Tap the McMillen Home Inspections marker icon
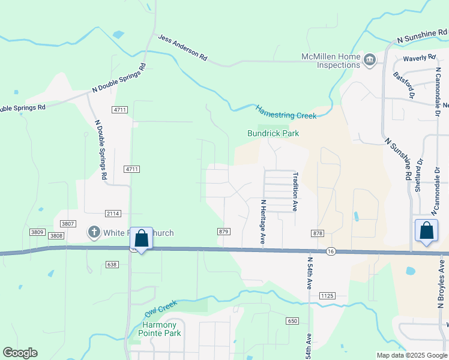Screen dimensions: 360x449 [370, 59]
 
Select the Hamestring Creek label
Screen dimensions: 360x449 [285, 112]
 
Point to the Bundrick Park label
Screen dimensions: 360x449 [273, 133]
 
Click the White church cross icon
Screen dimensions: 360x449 [94, 232]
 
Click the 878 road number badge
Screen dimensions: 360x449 [318, 232]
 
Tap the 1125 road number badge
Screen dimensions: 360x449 [327, 296]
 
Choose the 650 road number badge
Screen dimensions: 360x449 [292, 322]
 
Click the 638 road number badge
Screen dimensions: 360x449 [112, 264]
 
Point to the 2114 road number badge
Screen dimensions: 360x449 [113, 214]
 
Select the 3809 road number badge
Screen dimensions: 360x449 [37, 232]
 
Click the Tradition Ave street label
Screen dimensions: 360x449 [295, 191]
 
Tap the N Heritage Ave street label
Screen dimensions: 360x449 [262, 221]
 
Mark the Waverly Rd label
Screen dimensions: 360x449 [419, 58]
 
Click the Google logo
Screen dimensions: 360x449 [20, 353]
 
